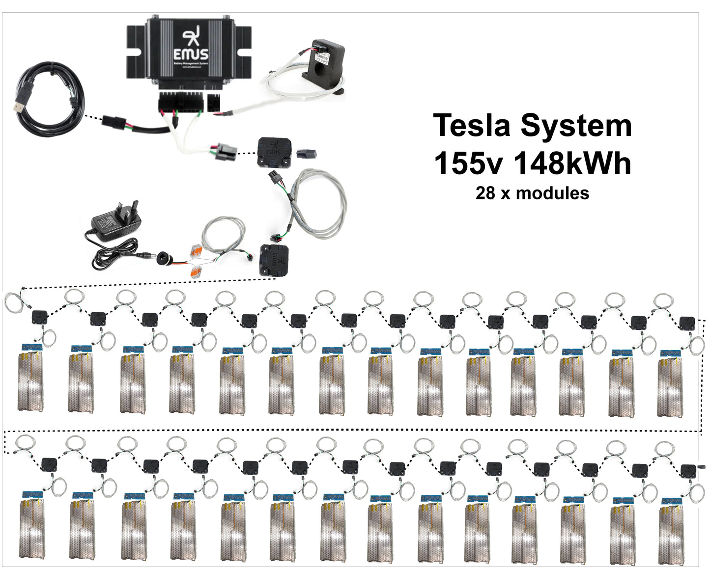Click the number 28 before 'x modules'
click(485, 193)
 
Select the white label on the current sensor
click(320, 58)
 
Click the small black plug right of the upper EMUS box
click(306, 153)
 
